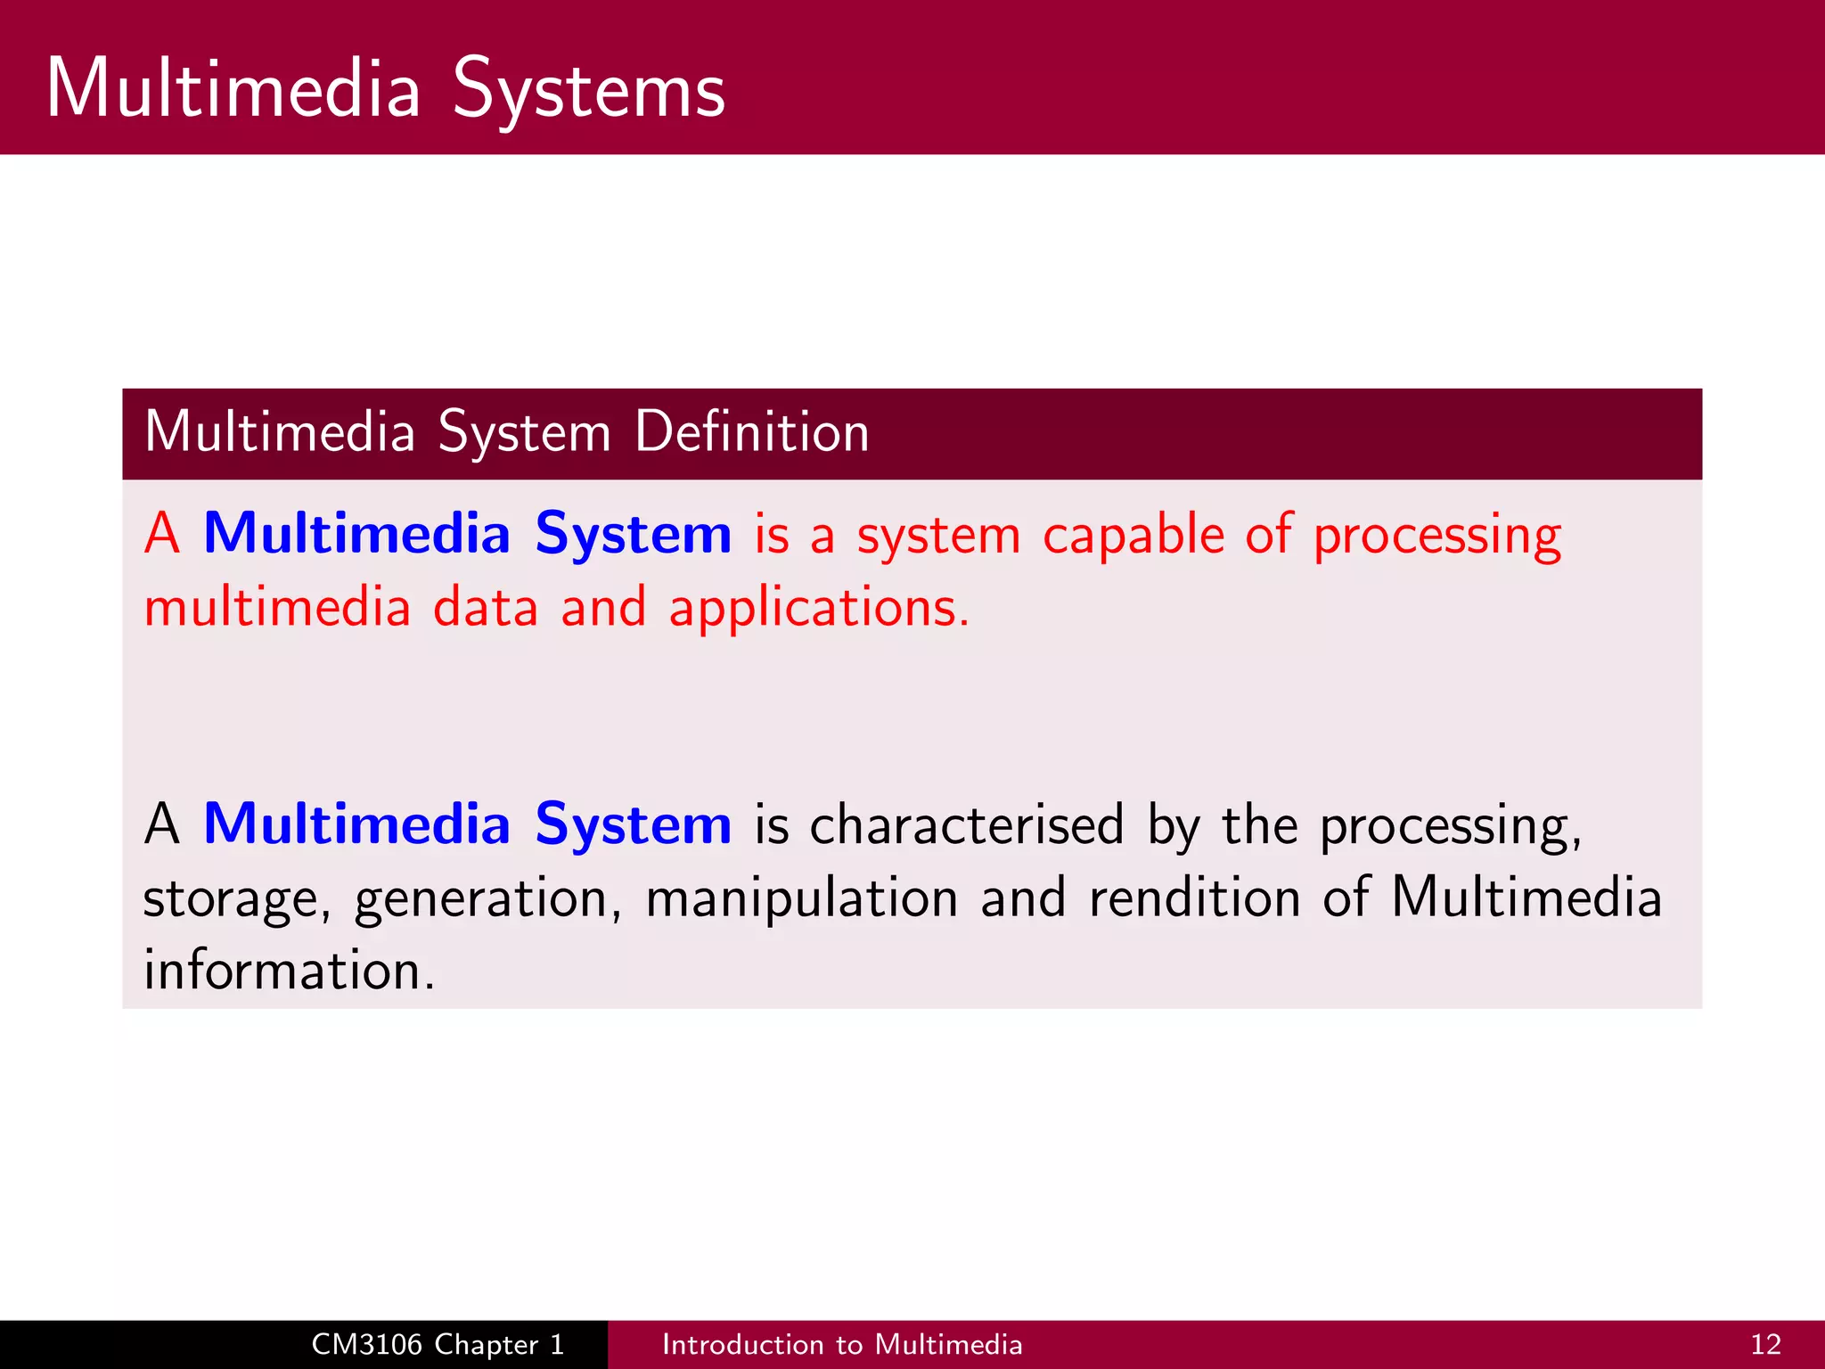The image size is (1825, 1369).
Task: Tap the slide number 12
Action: (x=1765, y=1344)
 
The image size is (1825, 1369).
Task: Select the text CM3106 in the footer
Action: (x=366, y=1344)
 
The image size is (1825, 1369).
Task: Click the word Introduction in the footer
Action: (x=742, y=1344)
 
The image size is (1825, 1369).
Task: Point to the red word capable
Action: (x=1133, y=537)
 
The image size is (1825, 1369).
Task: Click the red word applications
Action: (x=818, y=609)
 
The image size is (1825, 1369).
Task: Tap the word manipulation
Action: (x=801, y=898)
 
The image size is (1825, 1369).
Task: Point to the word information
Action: (x=289, y=970)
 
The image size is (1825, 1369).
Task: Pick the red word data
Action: (x=486, y=609)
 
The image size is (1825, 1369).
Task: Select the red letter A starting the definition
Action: (x=162, y=534)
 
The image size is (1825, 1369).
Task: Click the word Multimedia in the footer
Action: (x=948, y=1344)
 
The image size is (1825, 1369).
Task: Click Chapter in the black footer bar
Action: (x=487, y=1344)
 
